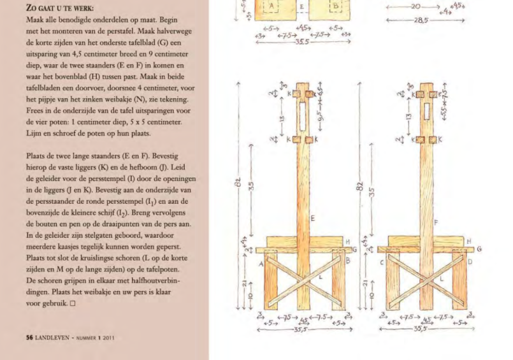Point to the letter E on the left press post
[312, 219]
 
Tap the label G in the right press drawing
[479, 249]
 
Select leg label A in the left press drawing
[261, 261]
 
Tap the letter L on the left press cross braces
[321, 278]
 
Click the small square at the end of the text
[74, 303]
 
